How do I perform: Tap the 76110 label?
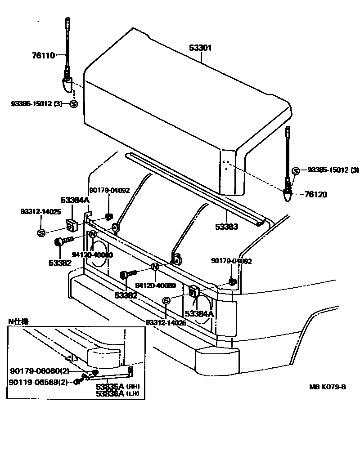(43, 56)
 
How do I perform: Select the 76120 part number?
(316, 195)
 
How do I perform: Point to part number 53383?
(226, 227)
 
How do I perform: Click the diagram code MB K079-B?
(328, 387)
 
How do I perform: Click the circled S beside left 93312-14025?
(41, 232)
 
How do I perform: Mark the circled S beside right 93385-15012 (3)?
(296, 171)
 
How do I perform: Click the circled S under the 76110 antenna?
(74, 104)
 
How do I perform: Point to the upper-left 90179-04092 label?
(109, 190)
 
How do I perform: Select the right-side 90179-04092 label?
(231, 261)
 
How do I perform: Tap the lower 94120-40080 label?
(156, 285)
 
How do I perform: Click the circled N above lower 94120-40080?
(155, 267)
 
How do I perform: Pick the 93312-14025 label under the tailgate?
(166, 322)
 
